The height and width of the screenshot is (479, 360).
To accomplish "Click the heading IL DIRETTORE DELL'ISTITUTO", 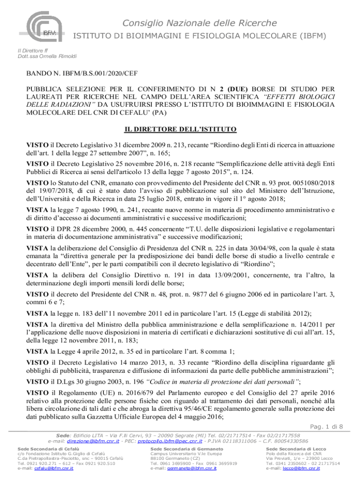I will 180,129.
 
